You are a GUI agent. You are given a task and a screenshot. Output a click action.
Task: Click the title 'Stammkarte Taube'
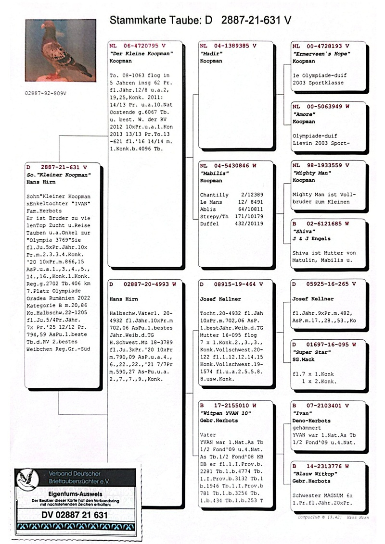(x=162, y=20)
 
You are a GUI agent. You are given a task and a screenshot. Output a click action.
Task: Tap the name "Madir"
(x=209, y=54)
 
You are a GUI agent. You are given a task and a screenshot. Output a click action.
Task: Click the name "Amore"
(x=303, y=114)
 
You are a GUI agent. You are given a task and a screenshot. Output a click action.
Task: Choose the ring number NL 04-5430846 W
(x=228, y=165)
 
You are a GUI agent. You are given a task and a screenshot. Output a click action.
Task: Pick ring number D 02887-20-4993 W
(x=143, y=284)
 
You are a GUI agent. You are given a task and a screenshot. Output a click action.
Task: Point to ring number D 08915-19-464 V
(x=228, y=284)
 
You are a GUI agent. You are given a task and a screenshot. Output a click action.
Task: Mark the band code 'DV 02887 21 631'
(x=75, y=515)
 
